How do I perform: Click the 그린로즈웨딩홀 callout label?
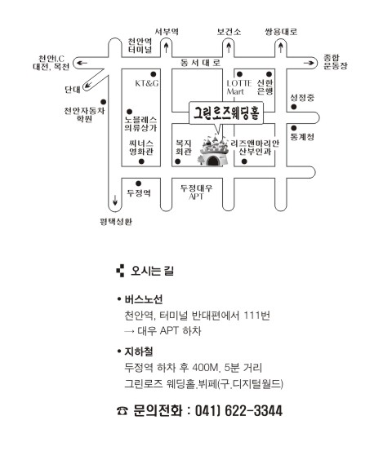tap(226, 113)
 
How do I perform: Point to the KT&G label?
tap(147, 83)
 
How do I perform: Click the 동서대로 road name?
tap(200, 63)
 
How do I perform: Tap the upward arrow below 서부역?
tap(166, 47)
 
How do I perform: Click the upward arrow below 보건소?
tap(229, 47)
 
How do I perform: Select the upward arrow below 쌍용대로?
tap(281, 47)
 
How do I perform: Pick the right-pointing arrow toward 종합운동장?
tap(309, 63)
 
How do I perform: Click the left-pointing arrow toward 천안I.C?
tap(82, 63)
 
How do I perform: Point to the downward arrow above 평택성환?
tap(115, 200)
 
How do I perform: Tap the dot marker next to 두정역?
tap(139, 183)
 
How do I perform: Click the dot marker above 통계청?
tap(294, 128)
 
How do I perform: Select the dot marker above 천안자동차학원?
tap(104, 102)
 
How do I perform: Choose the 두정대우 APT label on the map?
tap(197, 192)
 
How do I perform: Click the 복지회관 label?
tap(184, 148)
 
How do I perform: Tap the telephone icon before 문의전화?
tap(122, 411)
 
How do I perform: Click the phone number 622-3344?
tap(253, 410)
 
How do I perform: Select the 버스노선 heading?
tap(144, 299)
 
